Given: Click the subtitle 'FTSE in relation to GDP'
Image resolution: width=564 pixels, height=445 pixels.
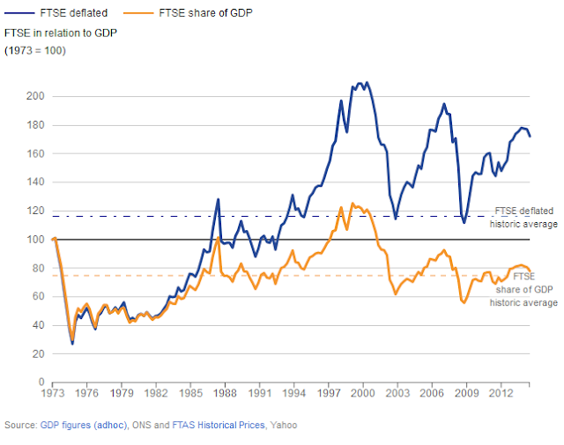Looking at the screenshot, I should tap(61, 33).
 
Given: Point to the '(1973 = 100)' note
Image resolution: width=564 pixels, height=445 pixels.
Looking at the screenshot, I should tap(36, 49).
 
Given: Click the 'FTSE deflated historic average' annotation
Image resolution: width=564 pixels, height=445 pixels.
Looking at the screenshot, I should tap(525, 218).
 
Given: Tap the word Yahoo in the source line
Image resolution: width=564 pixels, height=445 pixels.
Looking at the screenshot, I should tap(283, 426).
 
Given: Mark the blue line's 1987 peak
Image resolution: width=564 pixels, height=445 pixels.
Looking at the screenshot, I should tap(218, 199).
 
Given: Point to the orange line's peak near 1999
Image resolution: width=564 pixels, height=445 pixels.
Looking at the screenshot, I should tap(352, 204).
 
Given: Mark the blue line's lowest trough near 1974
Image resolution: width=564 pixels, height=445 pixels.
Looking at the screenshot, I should tap(72, 343).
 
